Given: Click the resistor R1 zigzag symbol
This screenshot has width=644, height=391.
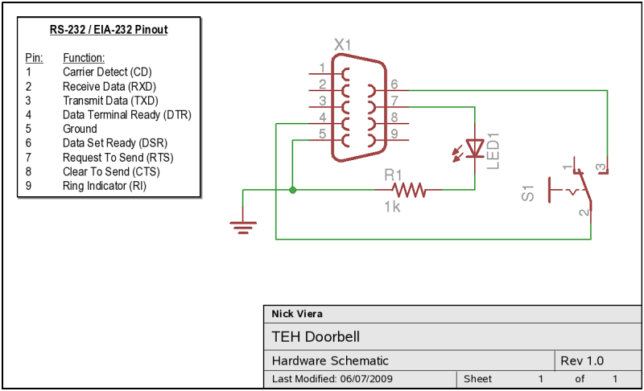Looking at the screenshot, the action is (409, 190).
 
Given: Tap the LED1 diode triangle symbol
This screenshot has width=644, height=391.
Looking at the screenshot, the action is (475, 148).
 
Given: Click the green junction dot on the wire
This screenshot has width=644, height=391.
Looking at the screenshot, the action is (292, 190).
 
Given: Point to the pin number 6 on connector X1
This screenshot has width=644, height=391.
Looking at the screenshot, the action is (394, 84).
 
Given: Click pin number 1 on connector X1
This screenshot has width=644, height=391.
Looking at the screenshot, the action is (323, 68).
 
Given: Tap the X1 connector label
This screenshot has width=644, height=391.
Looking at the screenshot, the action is (343, 45).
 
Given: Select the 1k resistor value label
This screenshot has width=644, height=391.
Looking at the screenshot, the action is (392, 207).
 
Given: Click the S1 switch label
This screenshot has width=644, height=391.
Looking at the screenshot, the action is (528, 193).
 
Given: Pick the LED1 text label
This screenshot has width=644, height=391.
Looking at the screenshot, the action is (493, 151).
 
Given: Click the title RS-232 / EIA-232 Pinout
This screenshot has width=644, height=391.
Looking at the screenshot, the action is (109, 30).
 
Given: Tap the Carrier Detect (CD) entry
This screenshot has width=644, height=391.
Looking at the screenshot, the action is (107, 72).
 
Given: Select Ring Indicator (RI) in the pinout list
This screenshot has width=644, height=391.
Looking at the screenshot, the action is (105, 186).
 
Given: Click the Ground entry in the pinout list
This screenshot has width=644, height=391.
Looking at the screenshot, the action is (80, 129).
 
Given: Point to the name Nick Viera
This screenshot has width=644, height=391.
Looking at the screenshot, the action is (297, 314).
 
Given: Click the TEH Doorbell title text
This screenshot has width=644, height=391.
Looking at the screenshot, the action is (316, 337).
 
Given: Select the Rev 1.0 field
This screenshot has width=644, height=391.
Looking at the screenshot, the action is (582, 360).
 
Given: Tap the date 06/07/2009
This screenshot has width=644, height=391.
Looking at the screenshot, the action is (366, 379).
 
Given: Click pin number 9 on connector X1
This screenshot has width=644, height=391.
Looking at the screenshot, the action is (394, 134).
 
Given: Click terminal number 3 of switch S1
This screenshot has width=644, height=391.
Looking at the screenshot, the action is (601, 167).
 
